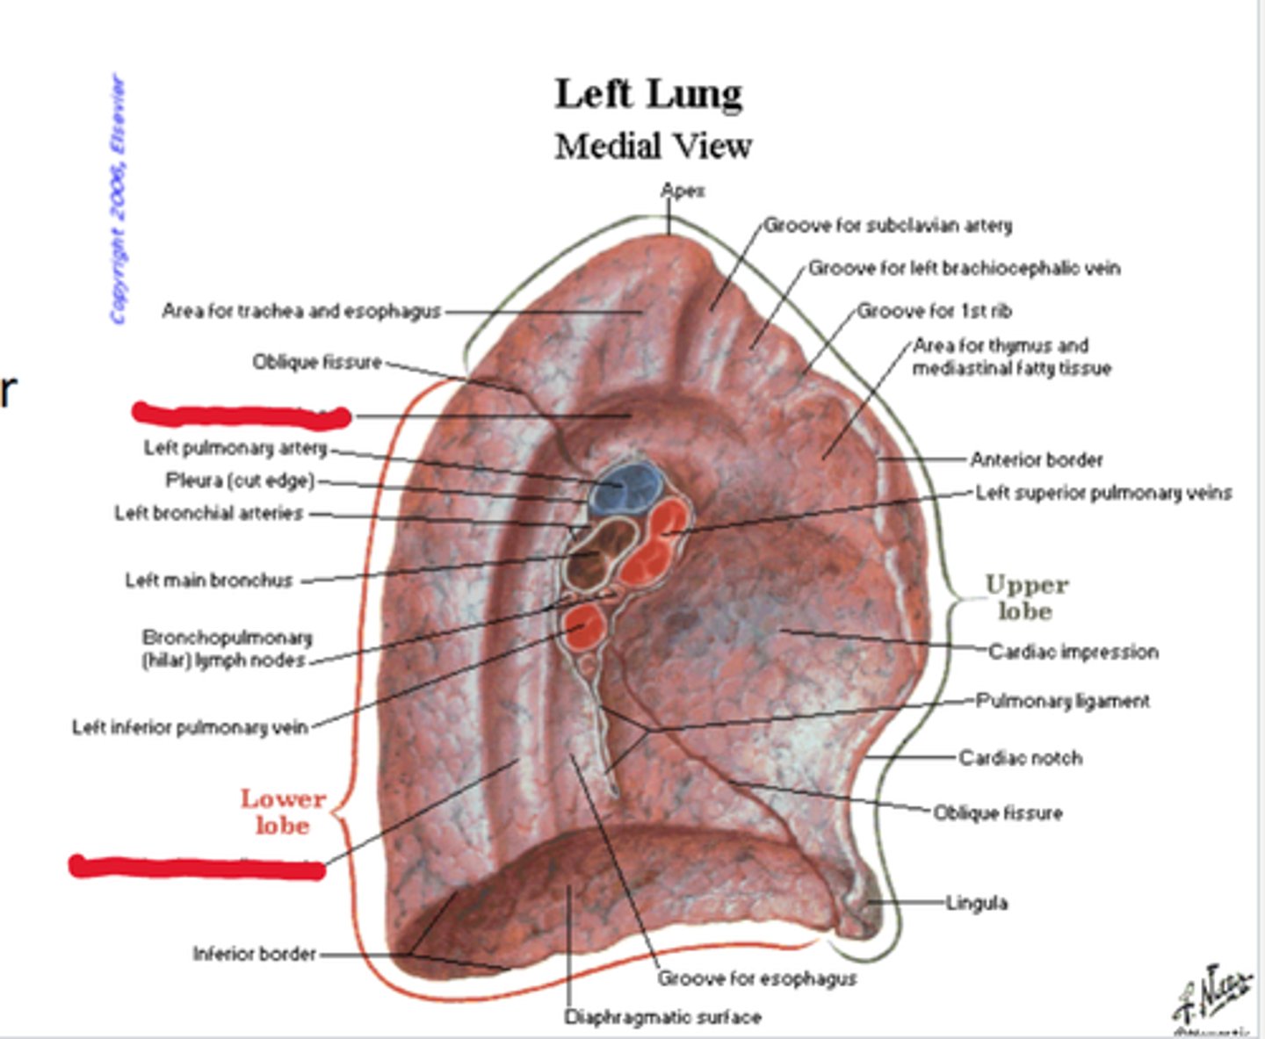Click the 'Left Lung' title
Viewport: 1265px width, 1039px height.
648,94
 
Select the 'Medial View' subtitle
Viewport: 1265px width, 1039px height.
653,146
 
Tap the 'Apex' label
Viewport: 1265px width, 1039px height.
683,191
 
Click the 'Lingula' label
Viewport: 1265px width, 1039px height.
976,902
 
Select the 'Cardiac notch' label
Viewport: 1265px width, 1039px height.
1020,757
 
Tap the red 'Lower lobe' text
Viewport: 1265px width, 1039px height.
282,812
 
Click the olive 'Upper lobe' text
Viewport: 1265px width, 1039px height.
1026,597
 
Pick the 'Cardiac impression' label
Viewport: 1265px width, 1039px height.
1073,652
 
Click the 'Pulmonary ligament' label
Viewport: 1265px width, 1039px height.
1063,701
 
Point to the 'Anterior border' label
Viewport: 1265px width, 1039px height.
1036,459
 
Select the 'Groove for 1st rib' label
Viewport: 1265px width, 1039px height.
934,311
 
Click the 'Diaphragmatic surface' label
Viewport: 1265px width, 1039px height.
662,1017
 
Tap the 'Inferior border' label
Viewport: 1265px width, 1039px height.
254,953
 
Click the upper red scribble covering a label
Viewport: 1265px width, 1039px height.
241,415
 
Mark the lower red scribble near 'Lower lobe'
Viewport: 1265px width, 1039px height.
197,867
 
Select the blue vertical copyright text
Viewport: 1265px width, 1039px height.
118,199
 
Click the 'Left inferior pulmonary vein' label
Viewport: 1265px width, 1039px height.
190,727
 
